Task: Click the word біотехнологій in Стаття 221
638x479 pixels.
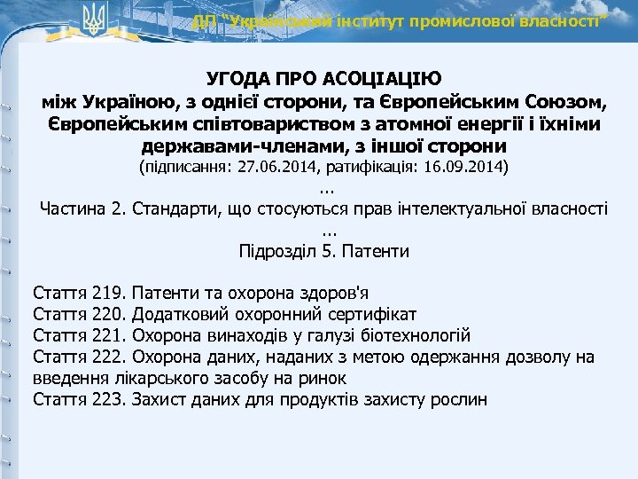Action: coord(414,335)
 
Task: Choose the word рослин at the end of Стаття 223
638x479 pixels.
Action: coord(459,399)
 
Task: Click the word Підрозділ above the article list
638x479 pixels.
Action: coord(275,251)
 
